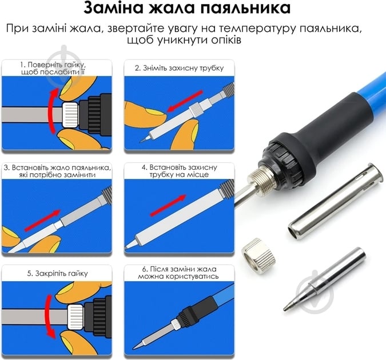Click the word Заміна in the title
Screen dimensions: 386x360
click(113, 8)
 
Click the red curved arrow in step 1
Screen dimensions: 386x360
click(52, 111)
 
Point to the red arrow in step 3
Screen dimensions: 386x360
click(42, 221)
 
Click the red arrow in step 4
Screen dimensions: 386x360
click(168, 206)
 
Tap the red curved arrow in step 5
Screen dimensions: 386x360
click(49, 317)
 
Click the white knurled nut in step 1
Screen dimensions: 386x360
click(71, 115)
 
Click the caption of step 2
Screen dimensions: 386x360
click(179, 68)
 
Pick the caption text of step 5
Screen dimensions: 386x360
click(57, 273)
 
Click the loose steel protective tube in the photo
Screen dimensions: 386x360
click(336, 201)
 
